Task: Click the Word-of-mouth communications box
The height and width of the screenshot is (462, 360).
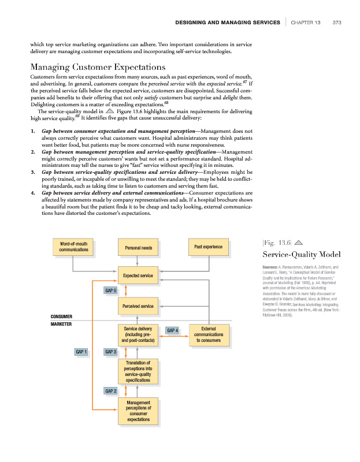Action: pyautogui.click(x=73, y=247)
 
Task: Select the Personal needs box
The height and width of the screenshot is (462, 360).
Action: pyautogui.click(x=138, y=248)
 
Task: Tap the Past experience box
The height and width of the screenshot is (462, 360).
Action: pyautogui.click(x=209, y=247)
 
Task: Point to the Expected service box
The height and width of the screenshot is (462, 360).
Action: pyautogui.click(x=138, y=276)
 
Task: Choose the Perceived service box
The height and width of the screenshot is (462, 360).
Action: pyautogui.click(x=138, y=305)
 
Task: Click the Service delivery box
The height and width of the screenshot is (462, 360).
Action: pyautogui.click(x=138, y=335)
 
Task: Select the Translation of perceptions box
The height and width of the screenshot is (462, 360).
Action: pyautogui.click(x=138, y=371)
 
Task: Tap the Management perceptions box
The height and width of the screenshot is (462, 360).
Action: pyautogui.click(x=138, y=411)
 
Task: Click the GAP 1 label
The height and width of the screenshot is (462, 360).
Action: pyautogui.click(x=81, y=351)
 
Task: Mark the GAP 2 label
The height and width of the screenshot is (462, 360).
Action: pyautogui.click(x=110, y=391)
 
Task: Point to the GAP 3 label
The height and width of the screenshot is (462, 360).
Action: pyautogui.click(x=110, y=351)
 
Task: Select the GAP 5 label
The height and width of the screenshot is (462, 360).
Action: pyautogui.click(x=110, y=290)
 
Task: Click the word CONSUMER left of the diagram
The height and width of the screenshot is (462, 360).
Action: pyautogui.click(x=61, y=316)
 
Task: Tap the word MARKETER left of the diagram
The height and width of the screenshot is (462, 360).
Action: pyautogui.click(x=61, y=325)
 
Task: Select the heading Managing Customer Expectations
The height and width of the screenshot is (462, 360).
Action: pyautogui.click(x=98, y=67)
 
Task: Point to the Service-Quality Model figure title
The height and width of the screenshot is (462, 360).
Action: pyautogui.click(x=301, y=254)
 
